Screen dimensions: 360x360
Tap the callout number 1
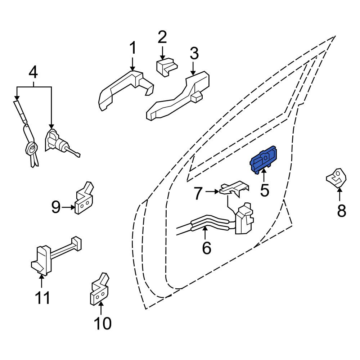click(133, 48)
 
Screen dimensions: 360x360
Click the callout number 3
click(194, 54)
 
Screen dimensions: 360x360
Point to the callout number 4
click(33, 72)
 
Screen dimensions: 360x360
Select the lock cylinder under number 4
click(60, 142)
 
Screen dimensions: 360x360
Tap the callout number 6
click(206, 248)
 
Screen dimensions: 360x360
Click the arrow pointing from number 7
click(212, 192)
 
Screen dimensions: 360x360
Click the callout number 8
click(341, 211)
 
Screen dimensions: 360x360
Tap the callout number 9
click(56, 207)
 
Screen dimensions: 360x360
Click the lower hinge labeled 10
click(99, 289)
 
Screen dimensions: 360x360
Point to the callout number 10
click(102, 323)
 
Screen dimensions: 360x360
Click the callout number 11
click(42, 298)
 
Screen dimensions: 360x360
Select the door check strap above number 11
click(56, 256)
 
